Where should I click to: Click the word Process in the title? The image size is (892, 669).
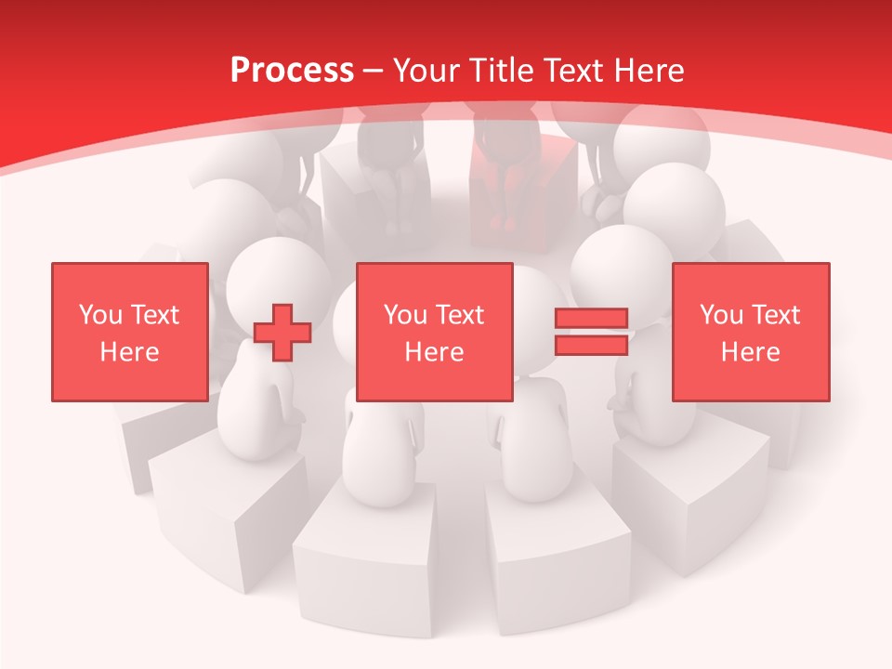pos(292,71)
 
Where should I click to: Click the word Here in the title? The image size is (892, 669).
pos(651,71)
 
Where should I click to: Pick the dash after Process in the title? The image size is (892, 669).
pos(374,71)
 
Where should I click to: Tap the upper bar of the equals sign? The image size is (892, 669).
pos(591,319)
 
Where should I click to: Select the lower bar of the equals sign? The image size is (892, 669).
pos(591,345)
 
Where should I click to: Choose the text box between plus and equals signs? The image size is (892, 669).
pos(434,332)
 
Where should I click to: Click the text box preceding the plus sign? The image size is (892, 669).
pos(129,332)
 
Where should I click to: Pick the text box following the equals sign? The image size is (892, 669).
pos(750,332)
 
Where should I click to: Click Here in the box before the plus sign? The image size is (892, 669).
pos(129,352)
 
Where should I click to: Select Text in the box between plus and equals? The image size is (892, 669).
pos(460,315)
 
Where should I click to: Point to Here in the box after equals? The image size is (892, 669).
pos(750,352)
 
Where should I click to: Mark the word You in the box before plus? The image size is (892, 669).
pos(100,315)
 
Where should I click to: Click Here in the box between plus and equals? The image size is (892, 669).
pos(434,352)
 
